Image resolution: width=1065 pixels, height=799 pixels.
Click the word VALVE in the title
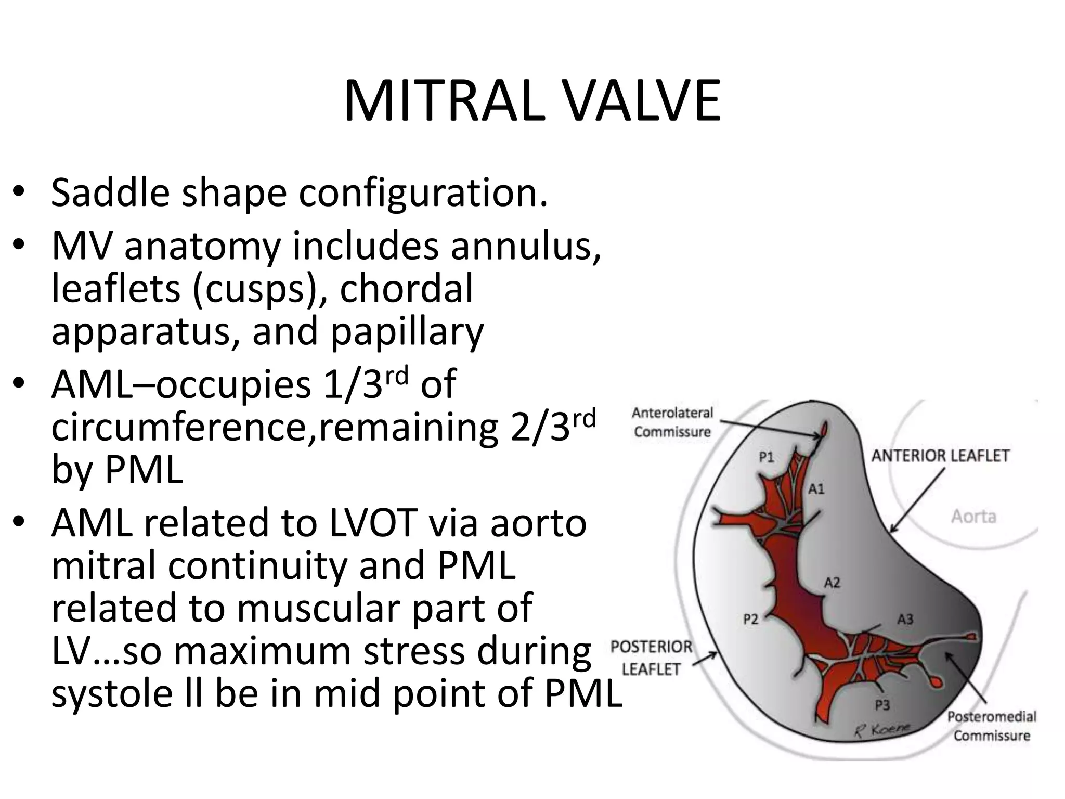pyautogui.click(x=643, y=101)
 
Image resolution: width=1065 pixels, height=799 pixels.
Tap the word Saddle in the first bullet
pyautogui.click(x=110, y=192)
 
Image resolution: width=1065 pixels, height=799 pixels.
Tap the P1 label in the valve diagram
pyautogui.click(x=767, y=457)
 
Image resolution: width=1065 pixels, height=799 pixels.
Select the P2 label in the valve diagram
pyautogui.click(x=750, y=619)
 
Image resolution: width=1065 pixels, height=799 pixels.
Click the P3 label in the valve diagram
pyautogui.click(x=882, y=705)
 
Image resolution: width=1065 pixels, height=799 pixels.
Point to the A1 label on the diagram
pyautogui.click(x=816, y=489)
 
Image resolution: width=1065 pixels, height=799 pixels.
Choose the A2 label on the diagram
pyautogui.click(x=832, y=583)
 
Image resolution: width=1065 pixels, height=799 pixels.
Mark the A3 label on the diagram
pyautogui.click(x=905, y=619)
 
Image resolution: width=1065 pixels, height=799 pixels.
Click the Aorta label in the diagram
pyautogui.click(x=973, y=517)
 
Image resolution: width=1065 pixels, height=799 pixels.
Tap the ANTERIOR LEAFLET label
pyautogui.click(x=940, y=456)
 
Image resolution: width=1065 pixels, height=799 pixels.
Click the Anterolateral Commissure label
pyautogui.click(x=672, y=422)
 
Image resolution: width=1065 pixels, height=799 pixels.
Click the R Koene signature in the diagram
pyautogui.click(x=882, y=729)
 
